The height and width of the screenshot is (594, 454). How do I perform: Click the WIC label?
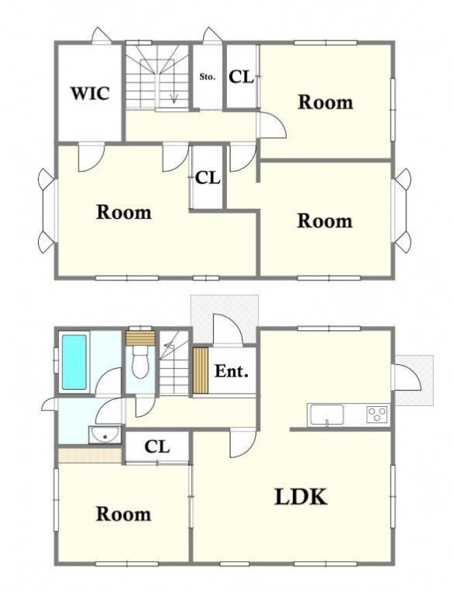click(91, 93)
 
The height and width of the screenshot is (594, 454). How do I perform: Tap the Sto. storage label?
click(208, 77)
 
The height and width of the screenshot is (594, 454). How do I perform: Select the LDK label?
click(300, 497)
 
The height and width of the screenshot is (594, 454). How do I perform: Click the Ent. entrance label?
click(232, 371)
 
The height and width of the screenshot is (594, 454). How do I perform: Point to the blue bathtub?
click(75, 362)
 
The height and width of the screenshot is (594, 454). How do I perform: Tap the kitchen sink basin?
click(327, 415)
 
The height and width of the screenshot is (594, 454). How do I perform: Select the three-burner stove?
click(376, 414)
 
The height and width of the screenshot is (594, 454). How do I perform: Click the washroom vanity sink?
click(105, 435)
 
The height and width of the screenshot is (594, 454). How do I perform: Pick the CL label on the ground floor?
click(157, 447)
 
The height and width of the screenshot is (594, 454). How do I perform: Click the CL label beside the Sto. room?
click(241, 78)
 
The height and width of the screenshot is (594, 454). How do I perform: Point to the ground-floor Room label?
click(124, 514)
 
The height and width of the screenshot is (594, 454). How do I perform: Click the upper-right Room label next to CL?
click(326, 102)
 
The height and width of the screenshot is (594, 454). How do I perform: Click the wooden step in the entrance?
click(201, 370)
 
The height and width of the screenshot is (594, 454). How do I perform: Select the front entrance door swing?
click(228, 329)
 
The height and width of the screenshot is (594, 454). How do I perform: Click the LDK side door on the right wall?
click(407, 377)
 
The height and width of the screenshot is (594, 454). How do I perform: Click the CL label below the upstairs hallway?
click(208, 178)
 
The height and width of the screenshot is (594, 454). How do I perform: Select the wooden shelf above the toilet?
click(141, 338)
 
